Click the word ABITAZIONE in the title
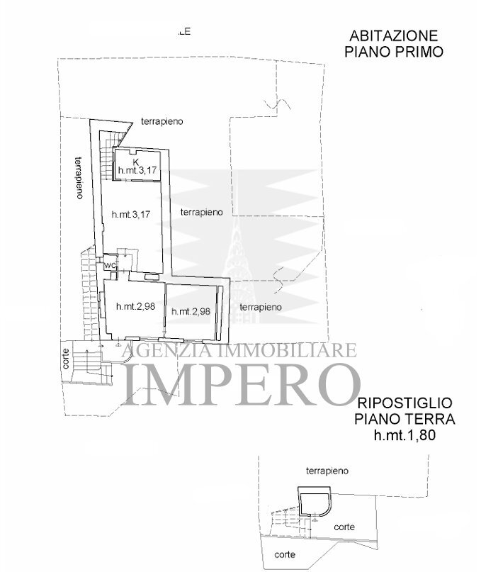(x=393, y=36)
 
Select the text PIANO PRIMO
(x=393, y=51)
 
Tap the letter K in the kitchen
(x=135, y=162)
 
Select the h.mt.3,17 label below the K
(x=137, y=171)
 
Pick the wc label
(x=110, y=266)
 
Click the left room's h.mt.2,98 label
(x=135, y=307)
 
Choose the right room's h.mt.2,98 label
(x=191, y=311)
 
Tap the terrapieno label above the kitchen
(x=162, y=121)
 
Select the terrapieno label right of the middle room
(x=201, y=212)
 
